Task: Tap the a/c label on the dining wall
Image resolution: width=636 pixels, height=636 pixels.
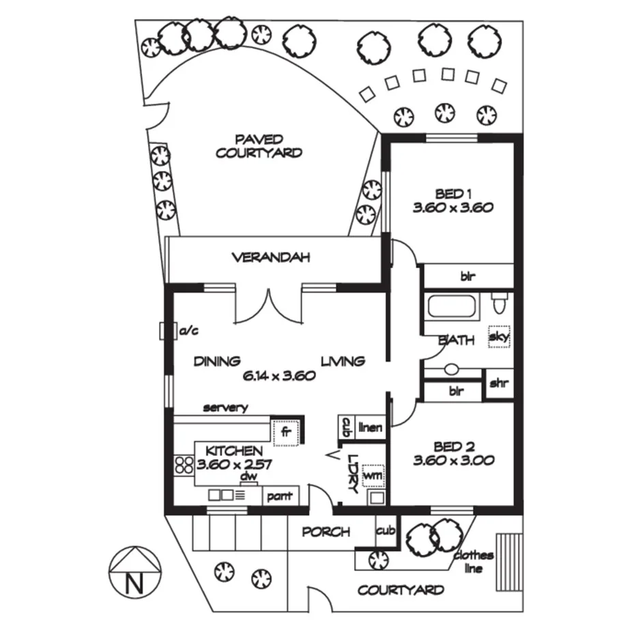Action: coord(188,332)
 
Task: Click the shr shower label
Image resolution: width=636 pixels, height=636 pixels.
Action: coord(499,384)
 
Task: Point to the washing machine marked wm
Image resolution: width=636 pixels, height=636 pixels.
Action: coord(373,473)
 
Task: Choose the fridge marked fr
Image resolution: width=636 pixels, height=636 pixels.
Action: coord(286,432)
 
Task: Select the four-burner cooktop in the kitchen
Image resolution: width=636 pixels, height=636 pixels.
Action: coord(184,465)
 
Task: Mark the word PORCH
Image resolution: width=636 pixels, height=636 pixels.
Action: coord(326,532)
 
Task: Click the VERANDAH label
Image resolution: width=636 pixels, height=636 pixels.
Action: coord(271,257)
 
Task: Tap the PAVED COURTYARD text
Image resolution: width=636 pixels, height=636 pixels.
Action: coord(259,146)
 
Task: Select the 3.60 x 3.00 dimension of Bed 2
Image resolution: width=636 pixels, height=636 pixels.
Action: coord(453,461)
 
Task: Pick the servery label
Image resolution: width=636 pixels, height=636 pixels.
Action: coord(225,408)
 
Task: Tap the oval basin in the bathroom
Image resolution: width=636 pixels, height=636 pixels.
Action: coord(451,370)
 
